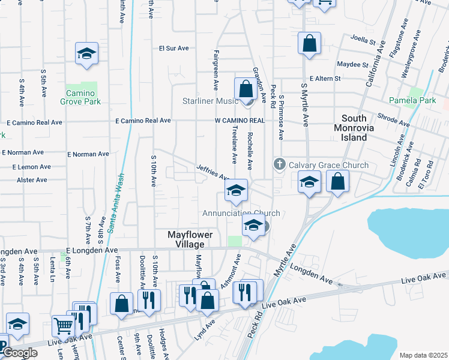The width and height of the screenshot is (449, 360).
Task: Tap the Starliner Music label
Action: [211, 101]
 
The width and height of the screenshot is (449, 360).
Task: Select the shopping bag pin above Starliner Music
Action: [246, 89]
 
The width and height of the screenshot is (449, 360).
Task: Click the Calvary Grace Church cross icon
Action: [279, 164]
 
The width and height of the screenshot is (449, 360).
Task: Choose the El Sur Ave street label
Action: [174, 48]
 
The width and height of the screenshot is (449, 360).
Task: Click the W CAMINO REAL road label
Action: [240, 121]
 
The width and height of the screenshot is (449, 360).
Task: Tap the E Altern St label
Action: [325, 79]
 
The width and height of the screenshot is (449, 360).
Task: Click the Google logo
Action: [20, 353]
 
